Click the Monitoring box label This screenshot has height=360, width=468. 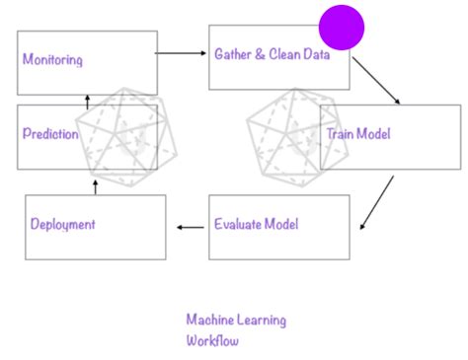[52, 60]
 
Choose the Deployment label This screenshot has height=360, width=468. [62, 225]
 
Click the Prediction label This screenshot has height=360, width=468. [49, 134]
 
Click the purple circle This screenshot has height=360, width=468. [342, 27]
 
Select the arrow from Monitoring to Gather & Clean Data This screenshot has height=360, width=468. [183, 52]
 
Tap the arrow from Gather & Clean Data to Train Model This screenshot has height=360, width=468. [376, 80]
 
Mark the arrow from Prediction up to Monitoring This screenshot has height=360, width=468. [87, 102]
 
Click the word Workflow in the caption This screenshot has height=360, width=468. [212, 341]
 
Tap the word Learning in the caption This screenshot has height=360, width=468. [262, 320]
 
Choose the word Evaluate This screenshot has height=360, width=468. [238, 225]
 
